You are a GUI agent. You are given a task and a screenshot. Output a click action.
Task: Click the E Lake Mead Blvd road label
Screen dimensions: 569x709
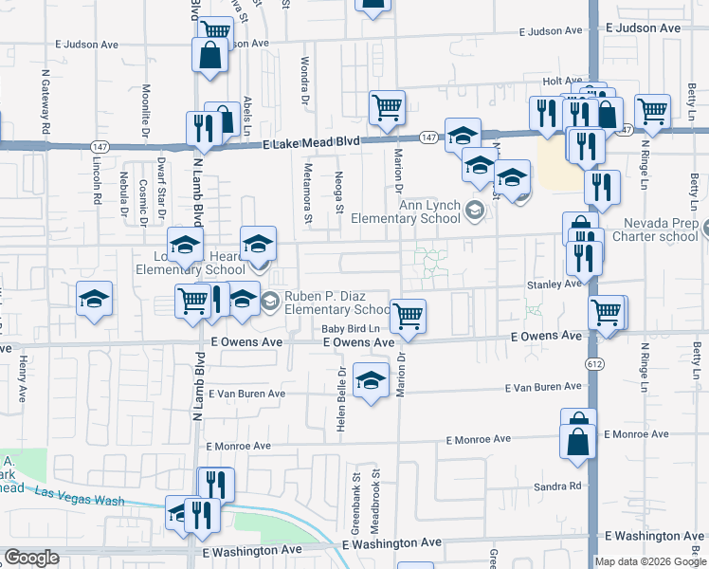(x=311, y=141)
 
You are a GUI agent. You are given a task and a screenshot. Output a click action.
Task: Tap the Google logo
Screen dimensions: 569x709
(x=31, y=558)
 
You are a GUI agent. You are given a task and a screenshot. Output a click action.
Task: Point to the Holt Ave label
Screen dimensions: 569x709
(x=561, y=83)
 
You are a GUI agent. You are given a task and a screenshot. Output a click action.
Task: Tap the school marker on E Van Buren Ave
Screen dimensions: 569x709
(x=371, y=381)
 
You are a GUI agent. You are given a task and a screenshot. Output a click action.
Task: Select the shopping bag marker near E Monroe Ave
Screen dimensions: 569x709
(x=577, y=441)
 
